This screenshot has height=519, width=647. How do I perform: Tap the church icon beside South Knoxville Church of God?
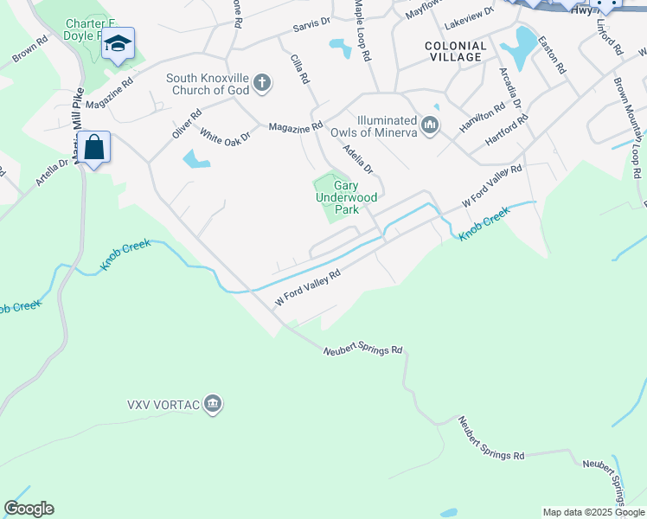click(261, 84)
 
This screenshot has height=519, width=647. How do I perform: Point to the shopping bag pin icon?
click(93, 147)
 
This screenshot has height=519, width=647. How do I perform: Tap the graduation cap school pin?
click(118, 43)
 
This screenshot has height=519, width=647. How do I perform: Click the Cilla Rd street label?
click(299, 67)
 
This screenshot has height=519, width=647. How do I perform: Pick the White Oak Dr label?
click(224, 135)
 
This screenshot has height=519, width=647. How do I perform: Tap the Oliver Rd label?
click(186, 123)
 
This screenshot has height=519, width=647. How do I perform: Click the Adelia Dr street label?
click(356, 157)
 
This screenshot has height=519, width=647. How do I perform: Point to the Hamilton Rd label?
click(482, 118)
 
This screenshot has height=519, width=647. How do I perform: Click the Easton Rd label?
click(551, 54)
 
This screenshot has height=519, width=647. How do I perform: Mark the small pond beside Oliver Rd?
click(195, 159)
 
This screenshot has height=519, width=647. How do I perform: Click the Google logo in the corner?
click(29, 509)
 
